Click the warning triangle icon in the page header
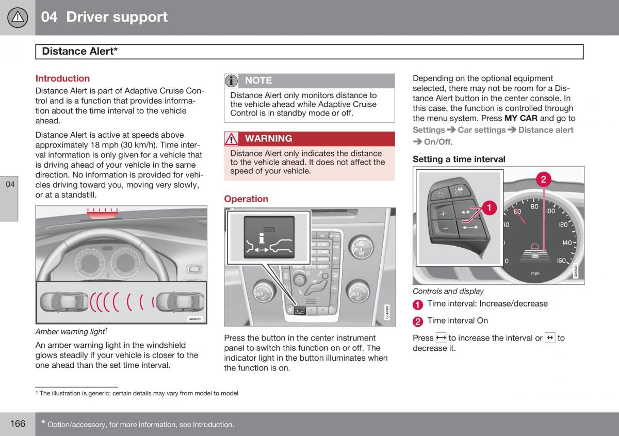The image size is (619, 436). [x=18, y=18]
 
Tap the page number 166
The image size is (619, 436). [x=17, y=424]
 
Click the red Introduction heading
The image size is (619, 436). [x=62, y=78]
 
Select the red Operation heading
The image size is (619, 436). [x=246, y=199]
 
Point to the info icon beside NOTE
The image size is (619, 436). [x=232, y=80]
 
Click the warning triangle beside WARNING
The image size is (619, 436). [x=232, y=139]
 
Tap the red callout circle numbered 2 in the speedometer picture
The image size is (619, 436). [x=543, y=180]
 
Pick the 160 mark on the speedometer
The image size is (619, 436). [x=561, y=261]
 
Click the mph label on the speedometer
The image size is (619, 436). [x=535, y=273]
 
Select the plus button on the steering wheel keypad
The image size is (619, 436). [x=443, y=214]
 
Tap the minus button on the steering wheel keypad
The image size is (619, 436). [x=445, y=228]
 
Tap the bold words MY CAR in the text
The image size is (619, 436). [x=520, y=118]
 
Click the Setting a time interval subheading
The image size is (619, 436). [x=459, y=159]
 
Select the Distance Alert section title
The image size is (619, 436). [x=79, y=51]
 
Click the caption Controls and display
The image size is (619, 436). [x=448, y=291]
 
